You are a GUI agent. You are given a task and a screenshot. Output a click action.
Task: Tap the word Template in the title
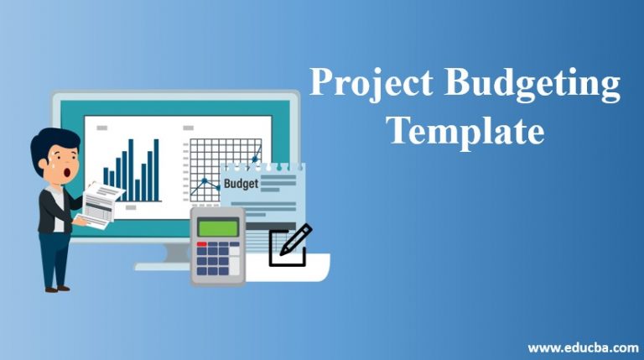coord(465,133)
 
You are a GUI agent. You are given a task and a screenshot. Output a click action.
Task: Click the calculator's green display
coord(216,226)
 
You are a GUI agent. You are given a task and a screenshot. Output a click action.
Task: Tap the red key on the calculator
coord(201,244)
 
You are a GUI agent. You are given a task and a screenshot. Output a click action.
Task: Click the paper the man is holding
coord(101,204)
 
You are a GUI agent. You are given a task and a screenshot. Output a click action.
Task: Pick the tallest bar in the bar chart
coord(156,169)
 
